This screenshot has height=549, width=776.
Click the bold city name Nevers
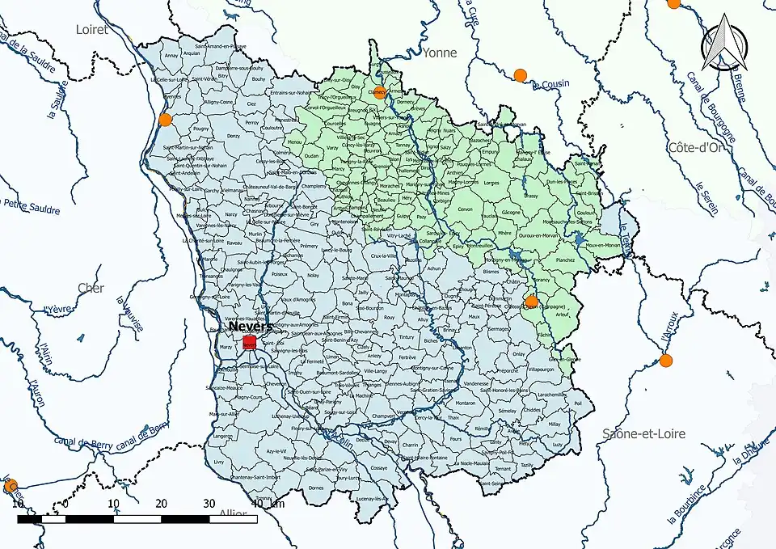[251, 327]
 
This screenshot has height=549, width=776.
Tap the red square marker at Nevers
[250, 343]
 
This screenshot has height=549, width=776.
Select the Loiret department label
[91, 29]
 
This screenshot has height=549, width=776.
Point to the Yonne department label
[439, 53]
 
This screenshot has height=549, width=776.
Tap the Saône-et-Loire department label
[643, 433]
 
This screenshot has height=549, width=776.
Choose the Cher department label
[91, 288]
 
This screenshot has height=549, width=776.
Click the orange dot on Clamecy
[379, 91]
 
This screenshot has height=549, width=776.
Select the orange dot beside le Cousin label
[520, 76]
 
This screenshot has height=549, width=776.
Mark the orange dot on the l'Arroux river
[665, 360]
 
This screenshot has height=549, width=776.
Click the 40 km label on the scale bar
[268, 504]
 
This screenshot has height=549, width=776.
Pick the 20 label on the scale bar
[162, 504]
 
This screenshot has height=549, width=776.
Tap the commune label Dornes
[316, 488]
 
